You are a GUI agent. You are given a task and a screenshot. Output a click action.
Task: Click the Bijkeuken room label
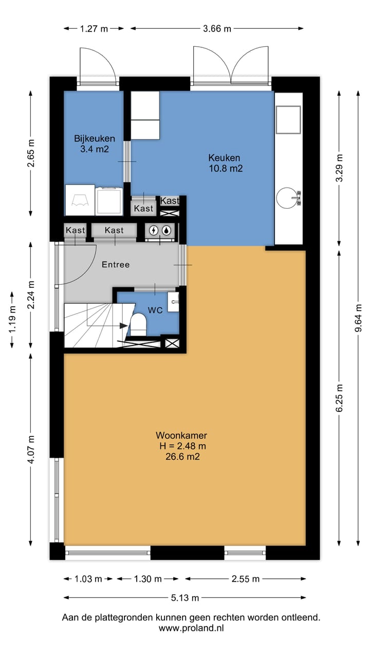point(94,138)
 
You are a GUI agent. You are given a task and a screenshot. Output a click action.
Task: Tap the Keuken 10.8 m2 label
point(225,163)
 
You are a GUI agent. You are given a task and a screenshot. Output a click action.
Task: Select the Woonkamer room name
point(181,435)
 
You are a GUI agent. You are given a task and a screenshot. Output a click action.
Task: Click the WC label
point(155,310)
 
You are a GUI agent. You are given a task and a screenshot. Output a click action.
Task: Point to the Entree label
point(116,265)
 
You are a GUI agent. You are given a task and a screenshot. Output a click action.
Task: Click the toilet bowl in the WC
point(138,324)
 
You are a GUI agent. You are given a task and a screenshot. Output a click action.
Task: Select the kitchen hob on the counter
point(288,120)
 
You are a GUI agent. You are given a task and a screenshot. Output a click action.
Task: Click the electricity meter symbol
point(154,230)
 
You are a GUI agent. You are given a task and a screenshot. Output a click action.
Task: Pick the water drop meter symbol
point(167,230)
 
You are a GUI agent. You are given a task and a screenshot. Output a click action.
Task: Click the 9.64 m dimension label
point(358,318)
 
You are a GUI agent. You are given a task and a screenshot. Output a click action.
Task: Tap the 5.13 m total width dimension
point(185,597)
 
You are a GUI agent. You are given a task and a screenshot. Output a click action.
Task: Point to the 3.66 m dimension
point(217,29)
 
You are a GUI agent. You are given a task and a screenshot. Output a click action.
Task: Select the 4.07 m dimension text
point(31,449)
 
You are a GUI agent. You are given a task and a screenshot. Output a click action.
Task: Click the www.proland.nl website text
point(191,628)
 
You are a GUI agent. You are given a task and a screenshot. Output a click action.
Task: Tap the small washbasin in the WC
point(173,302)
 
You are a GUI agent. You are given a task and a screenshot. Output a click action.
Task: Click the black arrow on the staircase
point(123,326)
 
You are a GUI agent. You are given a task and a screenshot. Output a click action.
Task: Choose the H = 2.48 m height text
point(182,446)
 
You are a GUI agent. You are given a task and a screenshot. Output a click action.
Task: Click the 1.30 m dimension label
point(147,579)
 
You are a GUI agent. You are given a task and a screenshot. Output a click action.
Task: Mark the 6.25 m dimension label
point(340,398)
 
